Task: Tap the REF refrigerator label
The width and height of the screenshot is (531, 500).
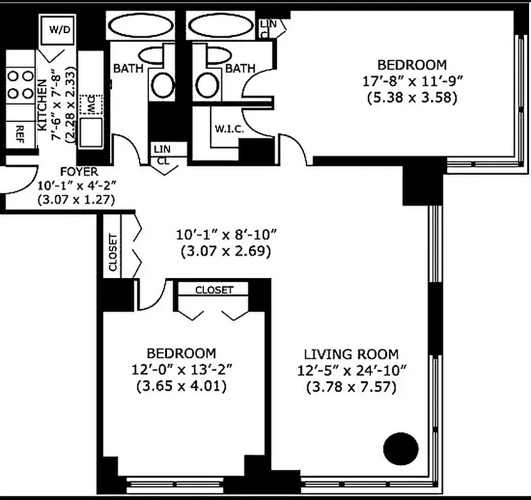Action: (x=20, y=131)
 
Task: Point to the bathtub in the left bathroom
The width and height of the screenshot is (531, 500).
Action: (x=141, y=27)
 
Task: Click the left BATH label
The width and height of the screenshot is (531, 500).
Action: (x=128, y=67)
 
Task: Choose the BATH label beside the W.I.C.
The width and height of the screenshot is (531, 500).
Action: (x=240, y=67)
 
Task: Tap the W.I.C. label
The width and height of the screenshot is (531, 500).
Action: (x=228, y=129)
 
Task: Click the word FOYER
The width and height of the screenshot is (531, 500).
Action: (x=78, y=171)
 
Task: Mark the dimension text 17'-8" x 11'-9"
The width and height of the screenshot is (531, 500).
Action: (x=412, y=81)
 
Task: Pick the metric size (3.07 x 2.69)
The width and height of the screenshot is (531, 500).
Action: (x=225, y=252)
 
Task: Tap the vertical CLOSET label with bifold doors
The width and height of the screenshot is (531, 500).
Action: (x=113, y=252)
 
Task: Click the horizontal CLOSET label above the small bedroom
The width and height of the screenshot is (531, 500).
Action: (x=214, y=290)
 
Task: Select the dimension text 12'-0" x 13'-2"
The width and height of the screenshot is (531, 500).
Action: (x=181, y=370)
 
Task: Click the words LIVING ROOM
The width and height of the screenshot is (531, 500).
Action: (x=351, y=354)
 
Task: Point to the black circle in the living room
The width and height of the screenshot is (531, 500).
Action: (x=400, y=448)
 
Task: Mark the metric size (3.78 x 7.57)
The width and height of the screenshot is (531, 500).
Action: (x=351, y=387)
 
